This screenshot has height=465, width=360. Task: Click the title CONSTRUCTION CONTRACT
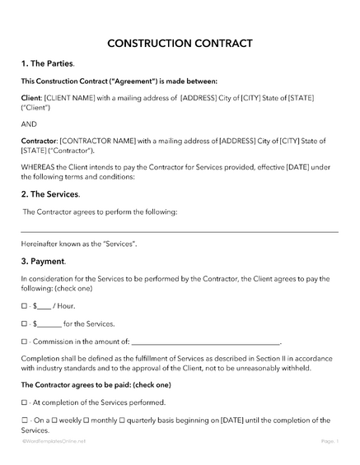(179, 43)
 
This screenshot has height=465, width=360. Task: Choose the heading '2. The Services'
(50, 194)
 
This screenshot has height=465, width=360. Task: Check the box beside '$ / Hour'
(23, 306)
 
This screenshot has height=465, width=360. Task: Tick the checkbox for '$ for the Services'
(23, 323)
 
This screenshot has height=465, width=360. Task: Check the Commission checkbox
(23, 341)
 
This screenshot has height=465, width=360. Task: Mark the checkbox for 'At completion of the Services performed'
(23, 402)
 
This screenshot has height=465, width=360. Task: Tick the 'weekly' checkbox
(57, 421)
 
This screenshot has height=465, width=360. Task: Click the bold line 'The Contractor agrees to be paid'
(96, 385)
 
